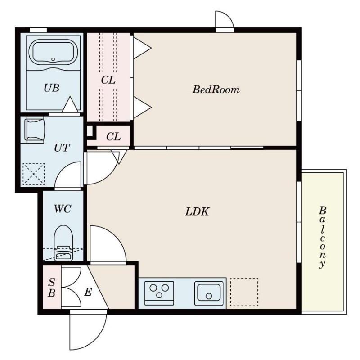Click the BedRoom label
[216, 89]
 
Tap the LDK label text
[197, 211]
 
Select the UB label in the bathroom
[52, 88]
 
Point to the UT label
[62, 148]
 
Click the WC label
[63, 209]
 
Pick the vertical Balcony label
[323, 238]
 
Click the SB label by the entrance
[52, 287]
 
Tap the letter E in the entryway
[88, 292]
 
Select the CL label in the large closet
[108, 80]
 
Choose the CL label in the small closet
[113, 137]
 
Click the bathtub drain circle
[53, 59]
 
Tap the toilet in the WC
[63, 243]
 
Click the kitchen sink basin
[209, 293]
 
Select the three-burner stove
[159, 293]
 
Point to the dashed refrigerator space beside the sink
[244, 292]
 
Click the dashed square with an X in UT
[34, 174]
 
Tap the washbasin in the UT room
[35, 130]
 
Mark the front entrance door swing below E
[88, 330]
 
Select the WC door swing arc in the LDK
[108, 243]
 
